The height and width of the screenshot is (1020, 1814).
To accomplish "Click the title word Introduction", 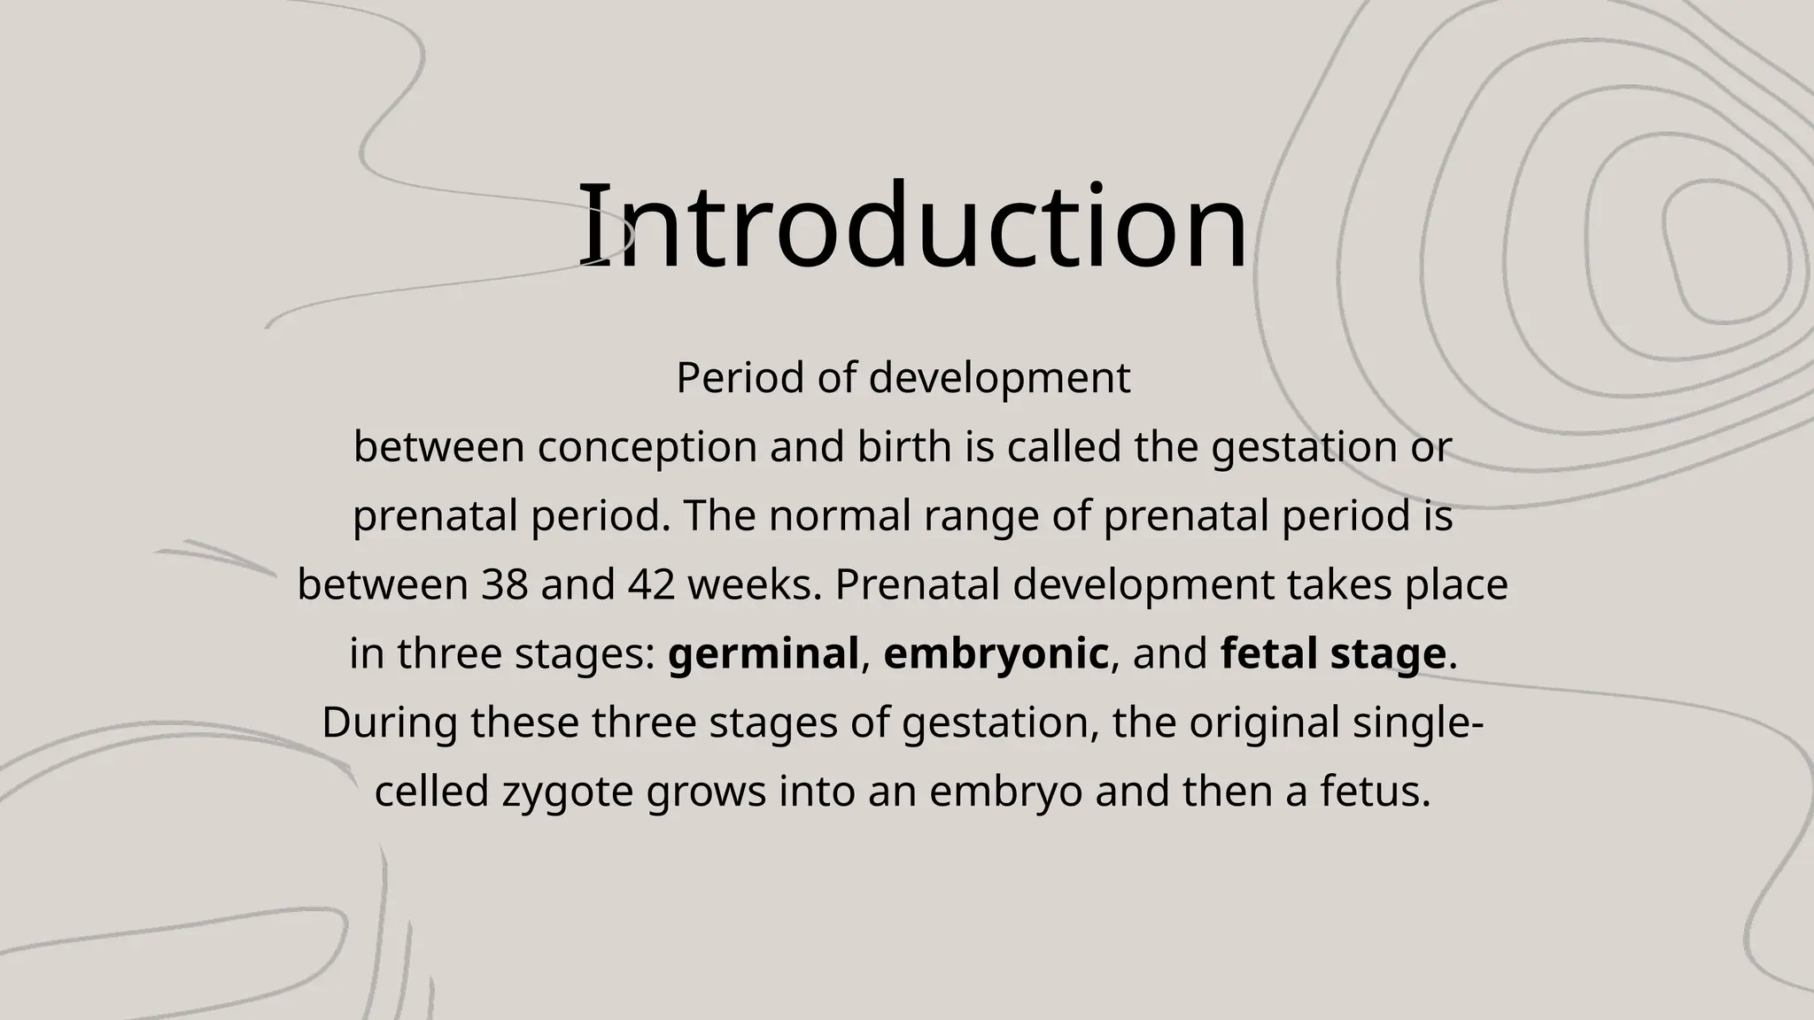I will click(912, 226).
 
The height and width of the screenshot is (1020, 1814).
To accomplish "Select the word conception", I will click(647, 447).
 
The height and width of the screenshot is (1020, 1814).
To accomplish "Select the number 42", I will click(651, 585).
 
